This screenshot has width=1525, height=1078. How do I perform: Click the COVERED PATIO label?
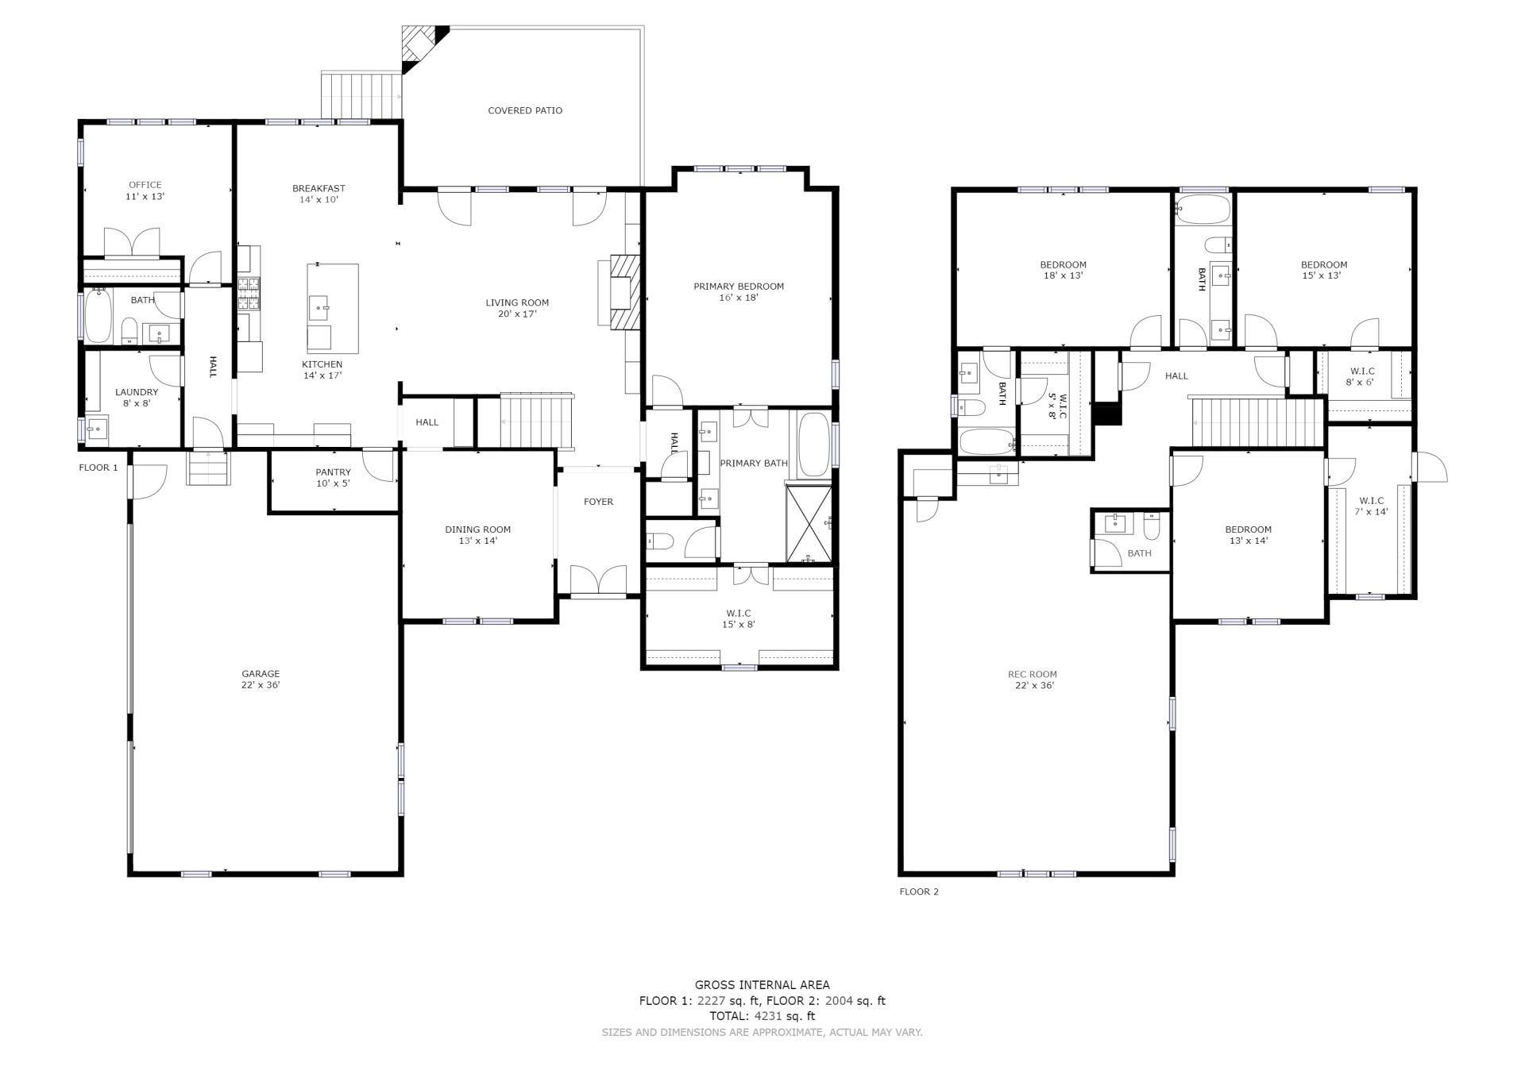(525, 110)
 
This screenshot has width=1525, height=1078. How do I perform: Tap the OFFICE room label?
(145, 185)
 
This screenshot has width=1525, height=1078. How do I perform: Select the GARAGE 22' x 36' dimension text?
(261, 685)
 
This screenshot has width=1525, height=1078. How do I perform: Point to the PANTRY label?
(333, 472)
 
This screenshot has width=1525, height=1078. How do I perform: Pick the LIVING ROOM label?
(517, 302)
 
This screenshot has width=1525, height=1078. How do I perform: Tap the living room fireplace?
(624, 292)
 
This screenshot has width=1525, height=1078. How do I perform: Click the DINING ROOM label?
(478, 529)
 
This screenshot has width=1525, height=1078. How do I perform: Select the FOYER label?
(598, 502)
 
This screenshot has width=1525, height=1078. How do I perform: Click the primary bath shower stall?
(809, 525)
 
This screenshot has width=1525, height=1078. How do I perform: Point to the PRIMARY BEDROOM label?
(739, 287)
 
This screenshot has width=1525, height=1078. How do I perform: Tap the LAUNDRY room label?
(137, 392)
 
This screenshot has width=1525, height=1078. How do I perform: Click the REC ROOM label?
(1033, 675)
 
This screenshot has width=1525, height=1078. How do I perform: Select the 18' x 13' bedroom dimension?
(1064, 275)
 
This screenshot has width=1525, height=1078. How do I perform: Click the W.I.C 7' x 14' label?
(1372, 506)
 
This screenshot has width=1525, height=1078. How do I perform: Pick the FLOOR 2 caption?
(919, 891)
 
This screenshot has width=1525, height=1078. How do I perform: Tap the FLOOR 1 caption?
(98, 468)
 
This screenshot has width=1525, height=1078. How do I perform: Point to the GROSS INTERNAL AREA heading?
(762, 985)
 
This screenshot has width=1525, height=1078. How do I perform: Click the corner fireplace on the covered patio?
(424, 46)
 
